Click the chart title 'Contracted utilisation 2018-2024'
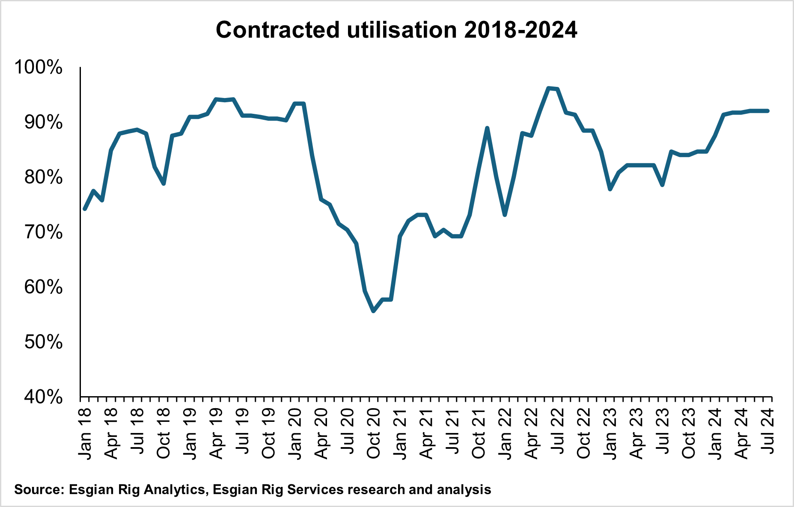tap(396, 30)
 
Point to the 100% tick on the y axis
tap(39, 68)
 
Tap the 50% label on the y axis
tap(43, 342)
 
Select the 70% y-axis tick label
tap(43, 232)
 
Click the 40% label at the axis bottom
tap(43, 397)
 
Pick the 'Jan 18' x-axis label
tap(85, 433)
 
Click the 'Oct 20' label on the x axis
tap(374, 433)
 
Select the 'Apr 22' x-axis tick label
tap(531, 433)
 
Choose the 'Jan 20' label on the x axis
tap(295, 433)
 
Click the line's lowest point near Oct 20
tap(373, 311)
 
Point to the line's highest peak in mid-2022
tap(548, 88)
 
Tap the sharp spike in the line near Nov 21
tap(487, 128)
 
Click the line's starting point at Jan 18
tap(85, 209)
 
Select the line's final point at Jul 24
tap(768, 111)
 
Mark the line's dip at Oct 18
tap(164, 184)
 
